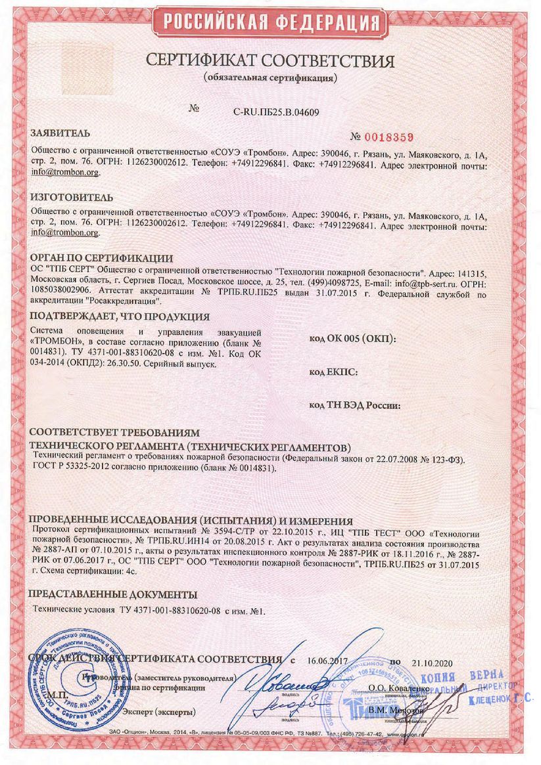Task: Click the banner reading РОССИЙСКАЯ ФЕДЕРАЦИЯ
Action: pos(270,22)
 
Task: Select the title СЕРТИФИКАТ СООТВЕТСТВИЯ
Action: pos(270,62)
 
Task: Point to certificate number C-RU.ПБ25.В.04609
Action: pos(276,112)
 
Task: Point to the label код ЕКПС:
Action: pos(333,372)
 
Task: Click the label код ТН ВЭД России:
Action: pos(355,405)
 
